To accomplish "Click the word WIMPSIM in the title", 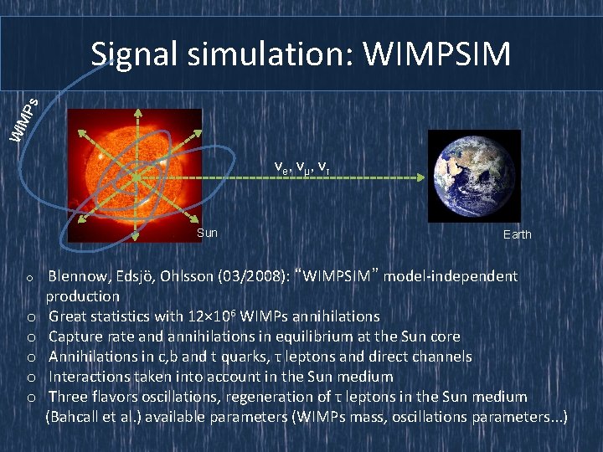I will coord(436,54).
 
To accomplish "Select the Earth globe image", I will coord(474,175).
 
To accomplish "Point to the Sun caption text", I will coord(207,233).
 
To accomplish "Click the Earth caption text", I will coord(517,234).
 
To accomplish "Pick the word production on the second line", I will coord(83,296).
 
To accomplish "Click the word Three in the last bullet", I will coord(68,397).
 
